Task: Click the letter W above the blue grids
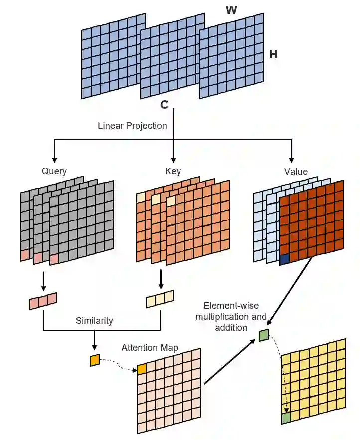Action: pyautogui.click(x=231, y=10)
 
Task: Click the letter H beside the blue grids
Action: pyautogui.click(x=273, y=55)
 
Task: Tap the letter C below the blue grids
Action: pyautogui.click(x=164, y=105)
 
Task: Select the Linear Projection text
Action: pyautogui.click(x=132, y=126)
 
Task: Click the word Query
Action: pyautogui.click(x=54, y=171)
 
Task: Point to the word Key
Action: pyautogui.click(x=173, y=171)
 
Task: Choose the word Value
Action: pyautogui.click(x=296, y=171)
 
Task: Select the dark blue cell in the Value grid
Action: pyautogui.click(x=284, y=259)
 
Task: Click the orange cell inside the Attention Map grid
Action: pyautogui.click(x=142, y=369)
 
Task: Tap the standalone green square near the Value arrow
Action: pyautogui.click(x=264, y=335)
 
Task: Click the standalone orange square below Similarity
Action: pyautogui.click(x=95, y=360)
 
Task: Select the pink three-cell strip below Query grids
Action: pyautogui.click(x=43, y=301)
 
